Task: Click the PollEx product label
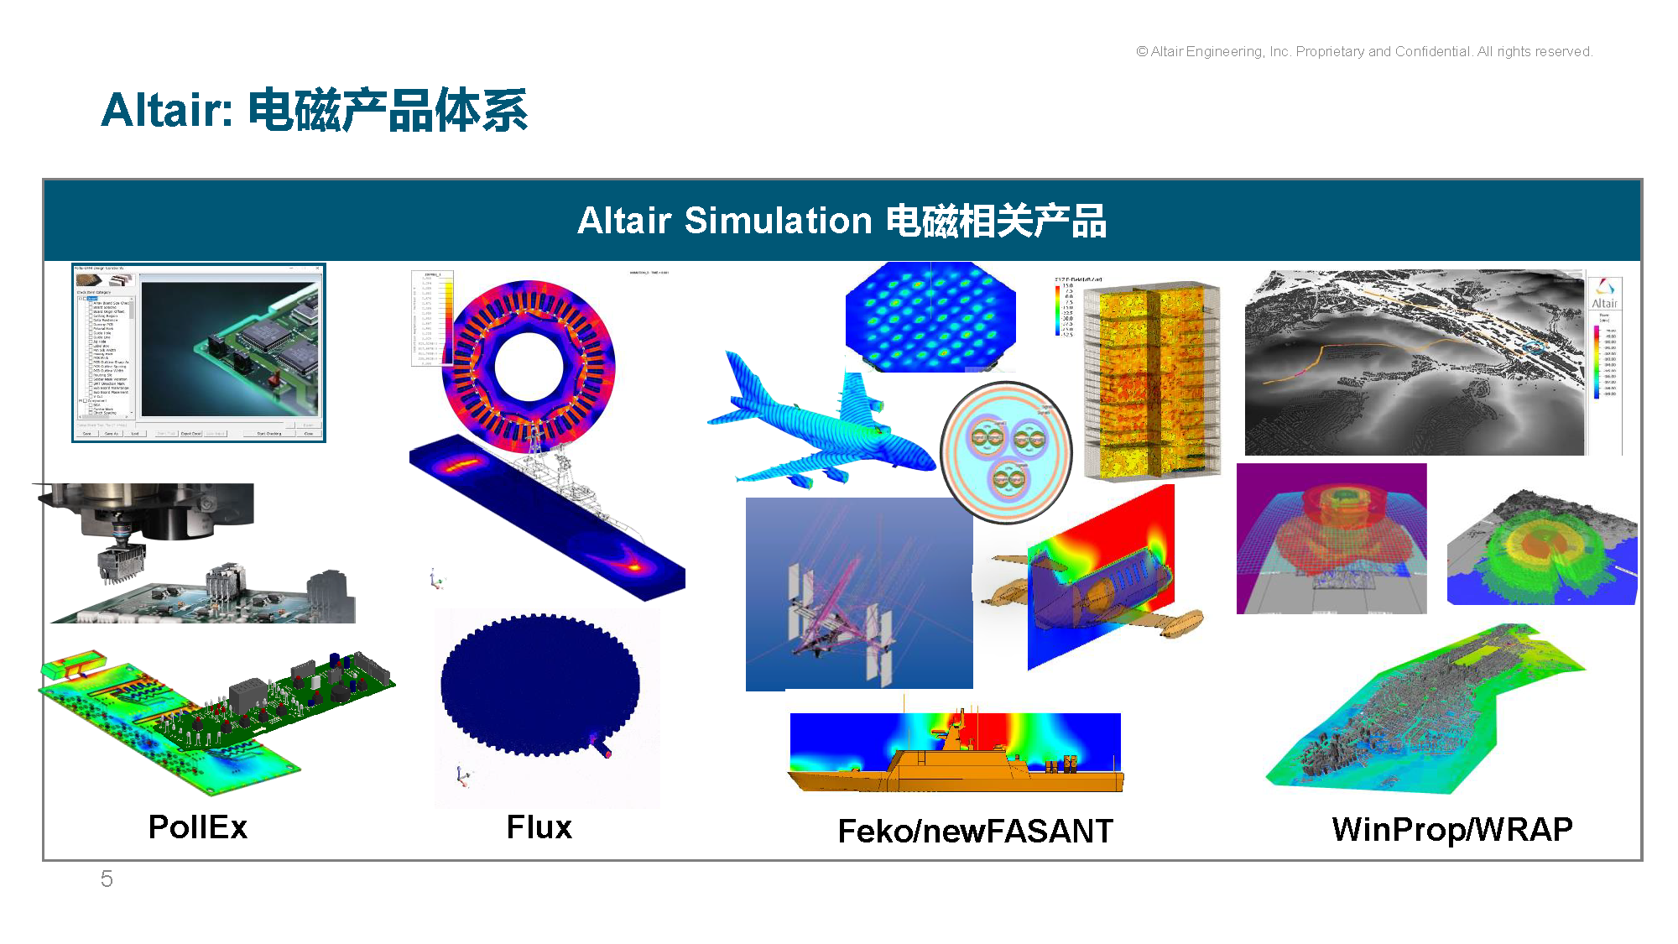[198, 827]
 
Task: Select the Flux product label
[539, 827]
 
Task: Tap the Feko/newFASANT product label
[975, 831]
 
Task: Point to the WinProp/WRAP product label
[1451, 829]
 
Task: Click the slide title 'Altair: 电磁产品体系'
[315, 110]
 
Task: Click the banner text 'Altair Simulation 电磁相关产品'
[842, 221]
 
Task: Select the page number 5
[107, 879]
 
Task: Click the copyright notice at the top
[1364, 52]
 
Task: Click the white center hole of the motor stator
[529, 367]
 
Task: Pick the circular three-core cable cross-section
[1006, 451]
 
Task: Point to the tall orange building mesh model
[1151, 382]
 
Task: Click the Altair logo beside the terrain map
[1604, 294]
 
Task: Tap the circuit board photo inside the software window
[230, 348]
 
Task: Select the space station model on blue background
[858, 593]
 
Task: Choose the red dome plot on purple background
[1331, 538]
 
